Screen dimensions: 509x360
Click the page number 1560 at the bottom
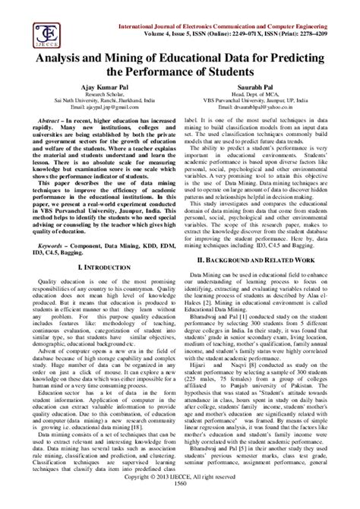180,503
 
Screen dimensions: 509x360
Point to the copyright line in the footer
180,495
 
